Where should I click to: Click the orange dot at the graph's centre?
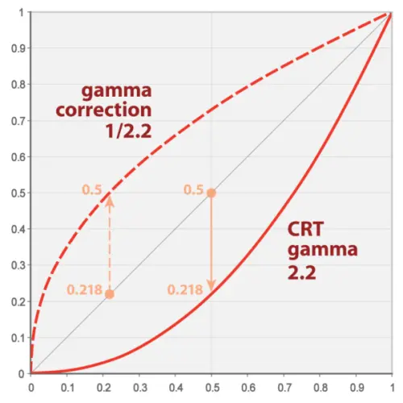[x=211, y=193]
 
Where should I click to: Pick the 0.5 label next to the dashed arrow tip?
[x=91, y=189]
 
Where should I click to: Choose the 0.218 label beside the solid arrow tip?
[x=184, y=288]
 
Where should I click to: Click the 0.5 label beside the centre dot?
[x=192, y=189]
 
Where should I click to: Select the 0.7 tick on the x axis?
[x=283, y=387]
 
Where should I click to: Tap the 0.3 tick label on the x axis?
[x=139, y=387]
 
